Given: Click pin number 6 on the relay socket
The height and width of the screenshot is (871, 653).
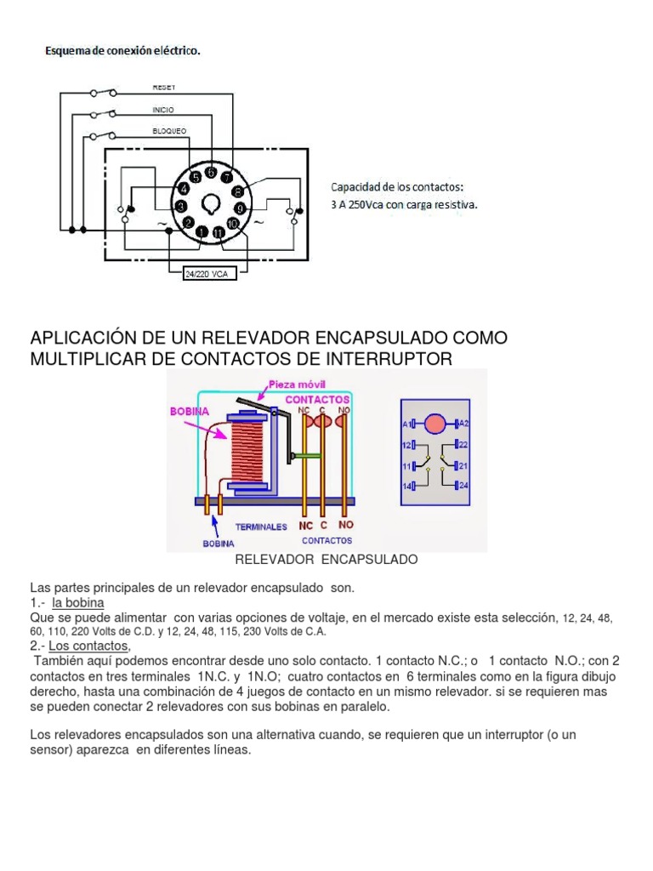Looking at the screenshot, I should [x=210, y=172].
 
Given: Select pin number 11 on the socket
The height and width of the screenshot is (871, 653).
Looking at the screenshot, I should [x=219, y=232].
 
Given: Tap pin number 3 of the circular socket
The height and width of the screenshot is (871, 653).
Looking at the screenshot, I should [x=181, y=207].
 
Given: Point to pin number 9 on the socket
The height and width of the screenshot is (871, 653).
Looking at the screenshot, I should [x=240, y=208].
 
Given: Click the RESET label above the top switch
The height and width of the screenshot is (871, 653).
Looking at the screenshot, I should [x=163, y=88].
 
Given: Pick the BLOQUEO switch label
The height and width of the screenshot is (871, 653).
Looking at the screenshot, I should [x=169, y=131].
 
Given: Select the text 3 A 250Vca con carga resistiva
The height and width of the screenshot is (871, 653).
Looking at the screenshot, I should [x=404, y=204].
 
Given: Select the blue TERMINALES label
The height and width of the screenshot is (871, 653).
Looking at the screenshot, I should [x=261, y=527].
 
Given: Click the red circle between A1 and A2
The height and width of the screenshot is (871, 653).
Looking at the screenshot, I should [x=434, y=423].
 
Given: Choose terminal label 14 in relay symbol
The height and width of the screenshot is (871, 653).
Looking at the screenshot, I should [x=407, y=486].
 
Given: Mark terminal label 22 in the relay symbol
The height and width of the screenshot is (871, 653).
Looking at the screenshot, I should [x=464, y=445].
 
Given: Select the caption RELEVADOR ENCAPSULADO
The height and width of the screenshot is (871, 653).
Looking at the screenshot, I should [x=326, y=560].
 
